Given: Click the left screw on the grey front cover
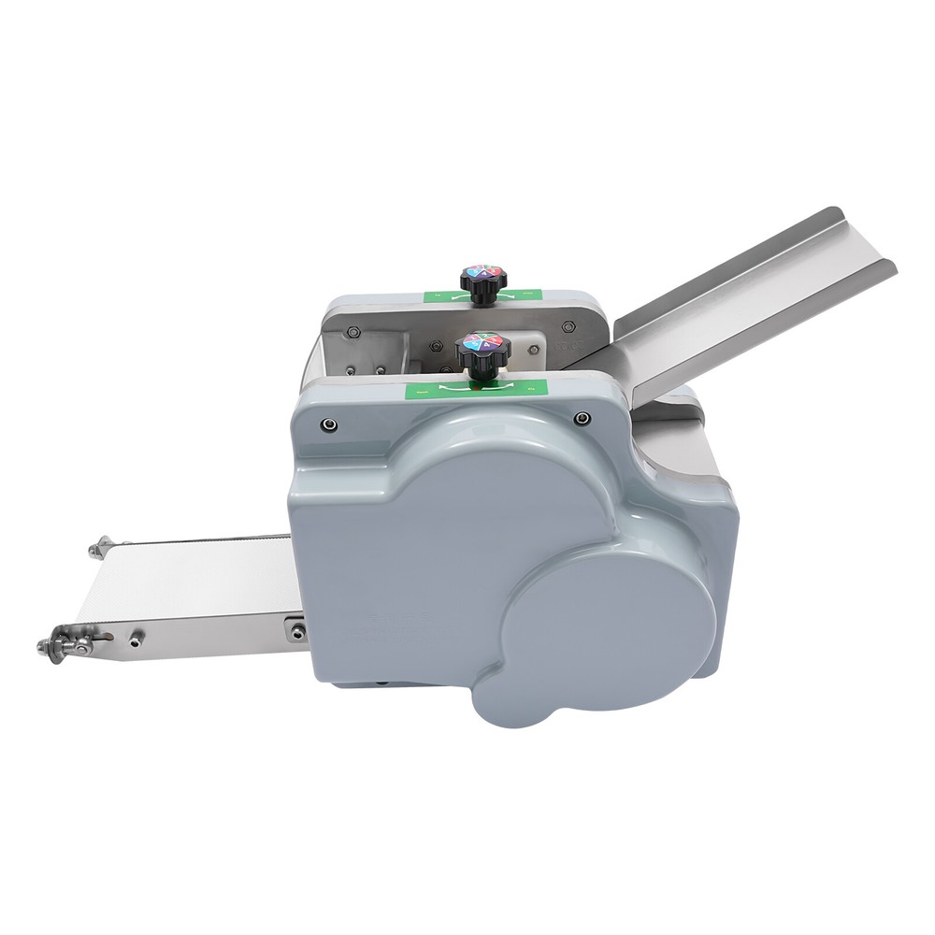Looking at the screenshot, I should [329, 424].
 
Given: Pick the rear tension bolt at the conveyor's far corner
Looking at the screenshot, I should [101, 545].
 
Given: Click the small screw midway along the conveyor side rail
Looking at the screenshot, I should [137, 637].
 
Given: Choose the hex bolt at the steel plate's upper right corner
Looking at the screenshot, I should [567, 327].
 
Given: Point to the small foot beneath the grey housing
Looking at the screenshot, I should [382, 683].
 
